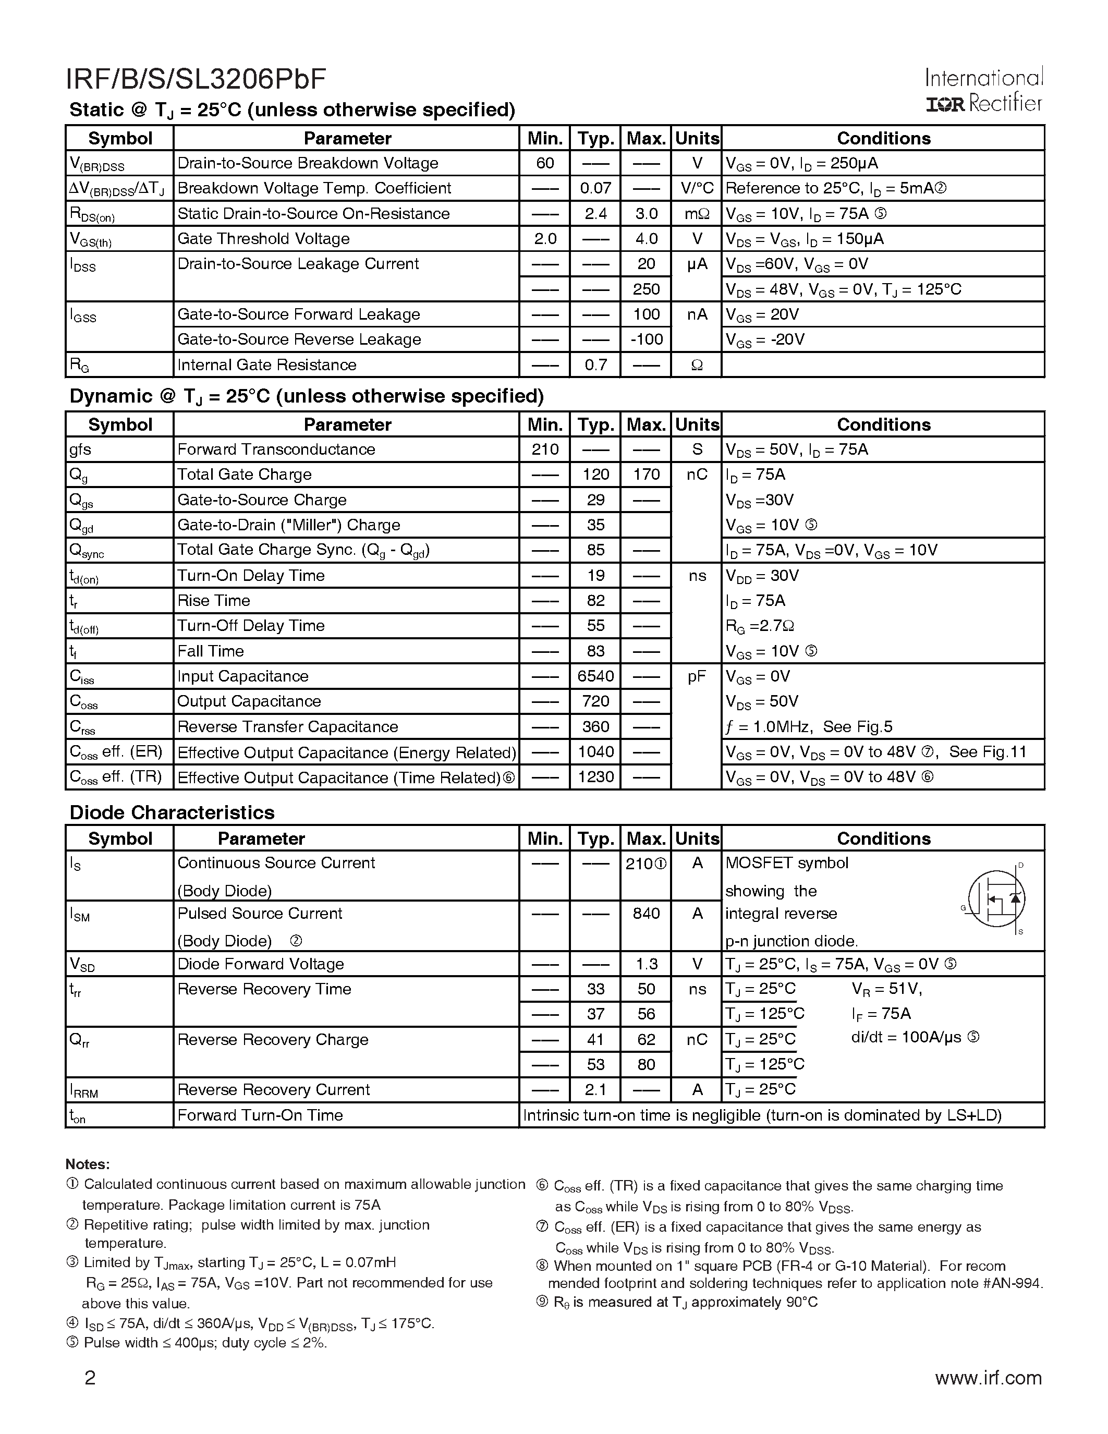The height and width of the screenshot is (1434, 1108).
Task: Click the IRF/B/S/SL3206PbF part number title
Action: (x=196, y=79)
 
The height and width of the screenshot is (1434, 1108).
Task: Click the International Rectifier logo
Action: (x=983, y=91)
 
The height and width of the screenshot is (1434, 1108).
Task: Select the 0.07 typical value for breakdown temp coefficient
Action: (x=595, y=188)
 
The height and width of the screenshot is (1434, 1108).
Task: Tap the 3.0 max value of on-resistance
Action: (x=646, y=213)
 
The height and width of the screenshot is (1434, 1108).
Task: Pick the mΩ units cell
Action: (x=697, y=213)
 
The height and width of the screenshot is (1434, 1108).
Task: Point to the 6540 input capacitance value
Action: (x=595, y=676)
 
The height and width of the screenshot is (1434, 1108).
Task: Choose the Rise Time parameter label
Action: (x=214, y=601)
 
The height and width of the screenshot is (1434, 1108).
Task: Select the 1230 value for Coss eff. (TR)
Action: (x=595, y=777)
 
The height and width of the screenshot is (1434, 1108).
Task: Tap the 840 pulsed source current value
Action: (x=646, y=913)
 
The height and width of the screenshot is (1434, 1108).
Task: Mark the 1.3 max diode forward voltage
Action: (x=646, y=964)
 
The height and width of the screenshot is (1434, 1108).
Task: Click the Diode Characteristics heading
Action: (x=172, y=813)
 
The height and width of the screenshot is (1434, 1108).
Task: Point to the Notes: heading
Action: (x=87, y=1164)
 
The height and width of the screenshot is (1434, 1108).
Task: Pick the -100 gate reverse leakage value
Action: (x=646, y=339)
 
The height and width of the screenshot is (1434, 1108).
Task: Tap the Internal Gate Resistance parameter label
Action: (x=267, y=365)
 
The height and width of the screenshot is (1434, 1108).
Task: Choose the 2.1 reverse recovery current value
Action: (x=595, y=1090)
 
